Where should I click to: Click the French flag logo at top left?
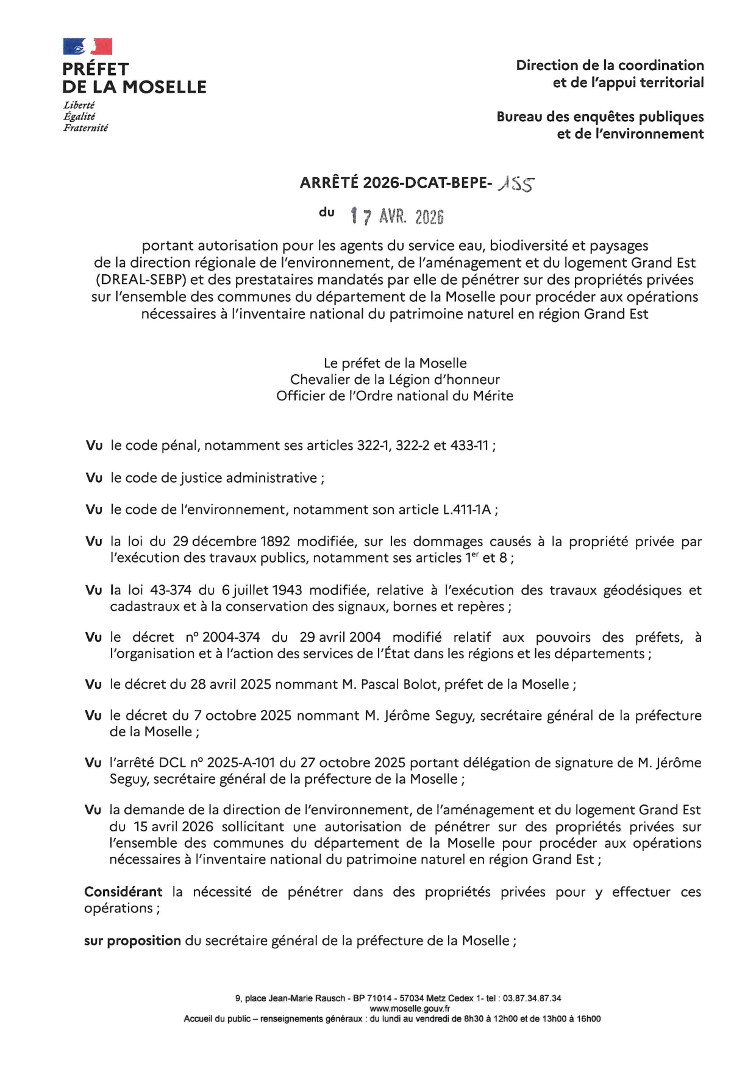coord(87,47)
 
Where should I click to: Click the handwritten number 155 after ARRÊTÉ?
coord(516,183)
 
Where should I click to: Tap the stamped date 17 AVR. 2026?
coord(397,216)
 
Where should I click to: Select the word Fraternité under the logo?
coord(85,128)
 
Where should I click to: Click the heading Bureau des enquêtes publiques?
coord(600,116)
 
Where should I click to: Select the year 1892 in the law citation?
coord(275,542)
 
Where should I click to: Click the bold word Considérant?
coord(123,892)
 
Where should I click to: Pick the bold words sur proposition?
coord(132,941)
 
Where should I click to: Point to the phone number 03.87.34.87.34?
coord(532,998)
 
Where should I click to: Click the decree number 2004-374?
coord(231,637)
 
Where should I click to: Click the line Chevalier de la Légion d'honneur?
coord(394,380)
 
